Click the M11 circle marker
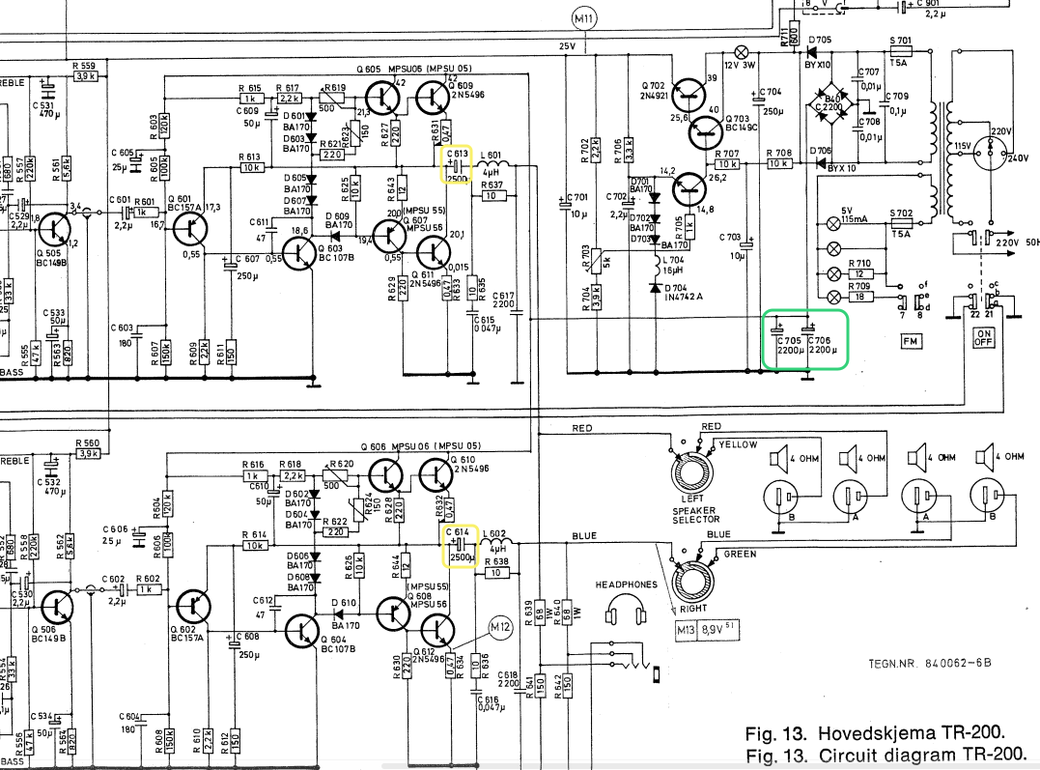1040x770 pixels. pyautogui.click(x=584, y=18)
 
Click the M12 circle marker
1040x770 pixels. pyautogui.click(x=499, y=628)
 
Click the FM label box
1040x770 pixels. pyautogui.click(x=912, y=341)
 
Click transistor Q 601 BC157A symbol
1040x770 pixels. pyautogui.click(x=196, y=228)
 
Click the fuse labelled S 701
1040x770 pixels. pyautogui.click(x=900, y=52)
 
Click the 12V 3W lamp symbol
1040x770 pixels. pyautogui.click(x=742, y=51)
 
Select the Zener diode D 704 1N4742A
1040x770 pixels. pyautogui.click(x=656, y=288)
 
